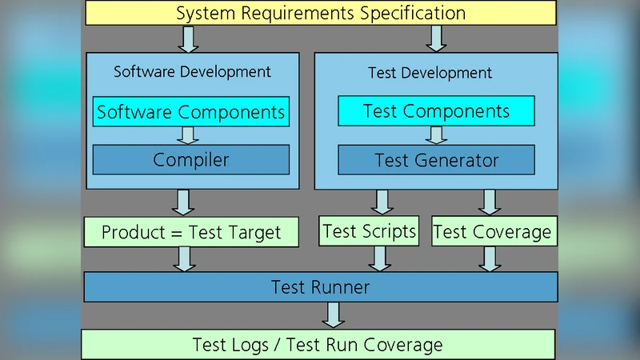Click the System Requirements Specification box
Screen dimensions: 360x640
point(320,13)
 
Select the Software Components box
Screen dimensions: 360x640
point(191,112)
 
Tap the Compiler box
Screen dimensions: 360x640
point(191,160)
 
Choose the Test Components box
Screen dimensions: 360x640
point(436,111)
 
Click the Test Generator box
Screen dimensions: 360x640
point(436,160)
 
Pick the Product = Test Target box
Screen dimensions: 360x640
point(191,233)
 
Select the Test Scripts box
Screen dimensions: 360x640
point(370,231)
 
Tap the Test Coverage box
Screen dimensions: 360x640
point(492,232)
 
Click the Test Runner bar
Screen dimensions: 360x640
point(320,286)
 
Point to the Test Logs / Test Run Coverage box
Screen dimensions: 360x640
point(318,345)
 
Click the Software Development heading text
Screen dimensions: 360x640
point(192,71)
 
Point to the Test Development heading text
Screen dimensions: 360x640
point(430,73)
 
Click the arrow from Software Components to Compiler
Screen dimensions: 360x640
point(190,135)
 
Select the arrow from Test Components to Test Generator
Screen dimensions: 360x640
point(437,134)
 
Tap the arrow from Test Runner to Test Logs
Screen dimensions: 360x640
point(333,314)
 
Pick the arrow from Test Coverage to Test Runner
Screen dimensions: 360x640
point(490,258)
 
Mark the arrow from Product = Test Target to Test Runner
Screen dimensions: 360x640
point(185,258)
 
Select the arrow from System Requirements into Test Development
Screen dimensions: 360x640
point(436,38)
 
